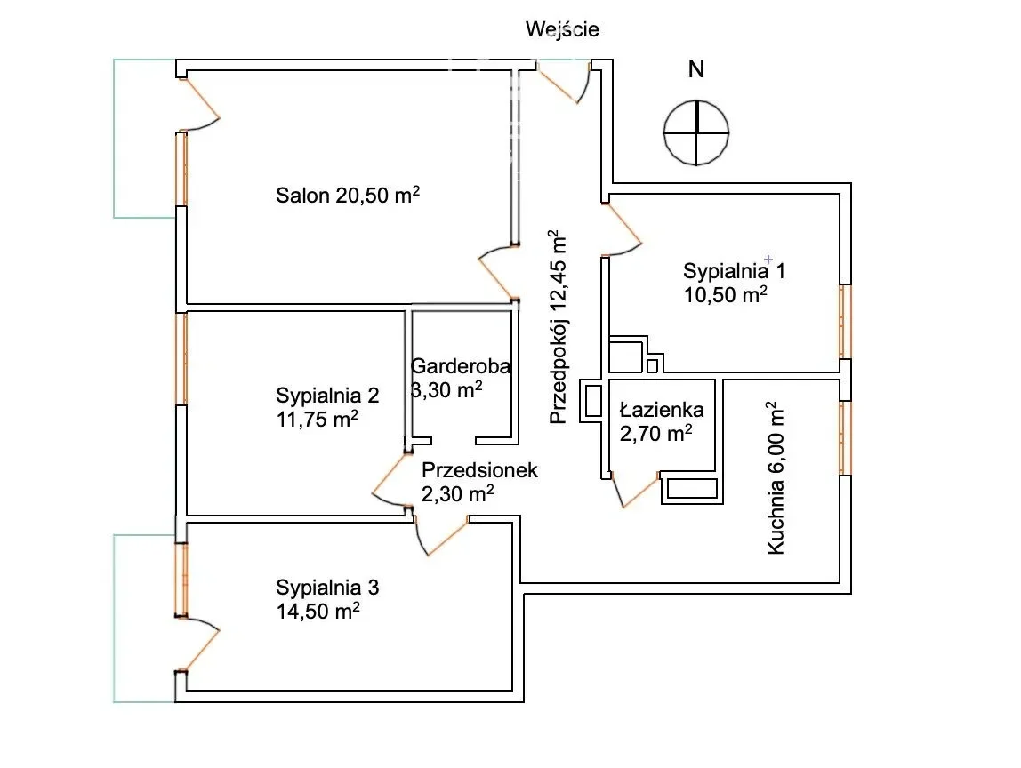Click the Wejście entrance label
pyautogui.click(x=562, y=29)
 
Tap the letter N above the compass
pyautogui.click(x=697, y=69)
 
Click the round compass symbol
pyautogui.click(x=696, y=132)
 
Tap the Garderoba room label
pyautogui.click(x=461, y=365)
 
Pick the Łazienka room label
pyautogui.click(x=662, y=410)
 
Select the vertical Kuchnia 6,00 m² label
pyautogui.click(x=776, y=478)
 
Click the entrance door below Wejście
pyautogui.click(x=565, y=80)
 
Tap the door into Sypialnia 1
pyautogui.click(x=622, y=229)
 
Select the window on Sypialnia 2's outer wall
pyautogui.click(x=181, y=357)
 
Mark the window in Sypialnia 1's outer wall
pyautogui.click(x=845, y=321)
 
